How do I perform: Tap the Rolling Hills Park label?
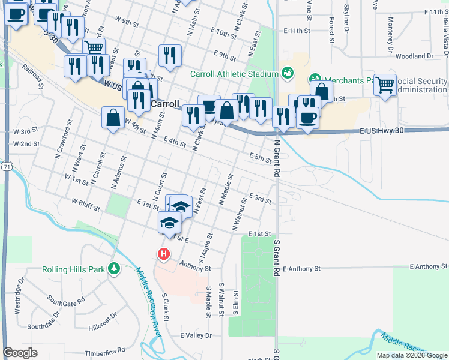point(73,269)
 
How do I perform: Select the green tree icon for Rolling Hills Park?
point(113,269)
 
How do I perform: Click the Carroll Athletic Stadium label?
point(234,74)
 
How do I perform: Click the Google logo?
point(20,353)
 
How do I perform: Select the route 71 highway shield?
point(4,165)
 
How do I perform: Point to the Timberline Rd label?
point(105,349)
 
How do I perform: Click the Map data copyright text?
point(412,355)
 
